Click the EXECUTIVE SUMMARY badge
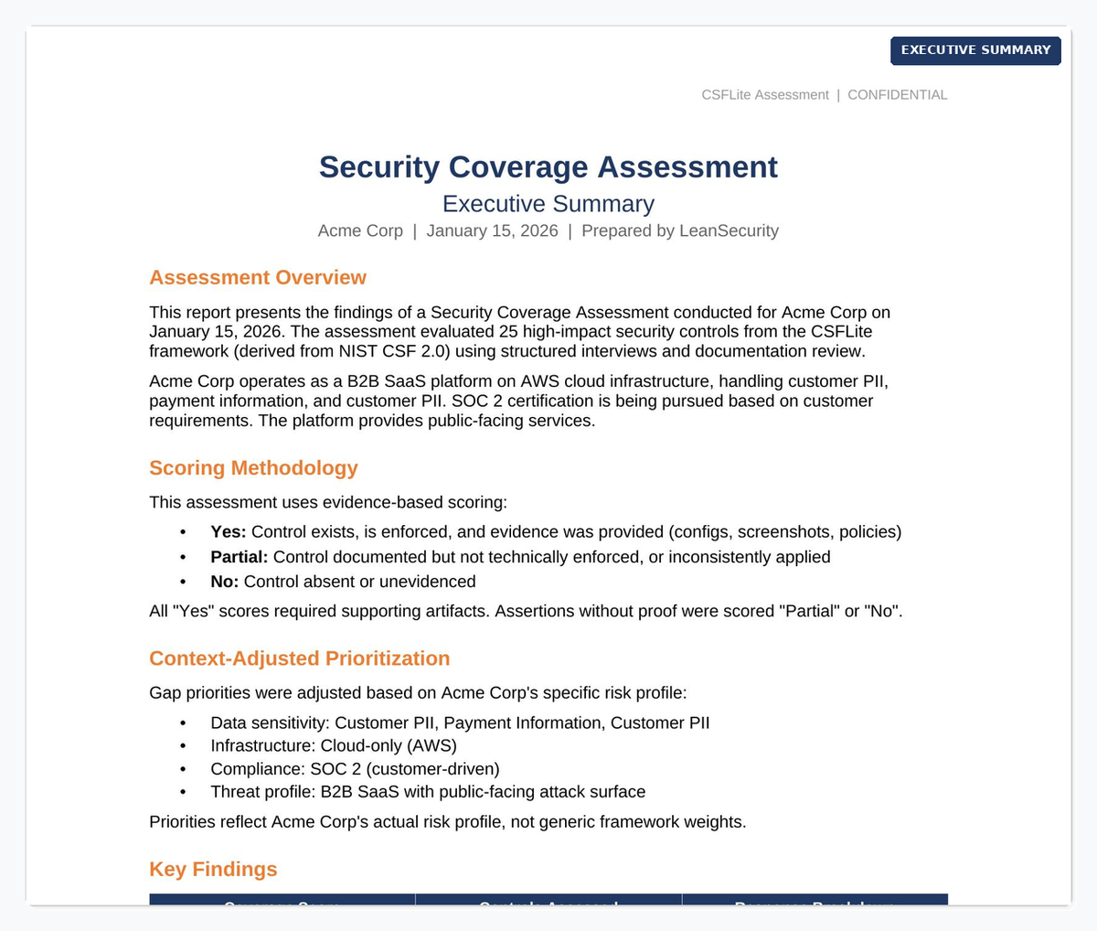975,50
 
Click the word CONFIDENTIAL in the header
897,95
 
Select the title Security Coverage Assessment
548,167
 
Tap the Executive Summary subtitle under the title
548,204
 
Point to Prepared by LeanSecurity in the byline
679,230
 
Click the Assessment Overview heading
258,278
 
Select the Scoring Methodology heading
253,468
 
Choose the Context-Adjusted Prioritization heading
299,658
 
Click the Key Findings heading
213,870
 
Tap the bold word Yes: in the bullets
229,532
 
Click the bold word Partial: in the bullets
240,557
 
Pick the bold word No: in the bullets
225,582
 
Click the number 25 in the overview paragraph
508,332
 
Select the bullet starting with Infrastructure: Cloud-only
333,745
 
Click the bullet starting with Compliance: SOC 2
355,769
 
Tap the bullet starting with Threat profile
427,792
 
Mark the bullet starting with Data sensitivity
460,723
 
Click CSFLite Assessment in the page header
765,95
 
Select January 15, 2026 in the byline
492,230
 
